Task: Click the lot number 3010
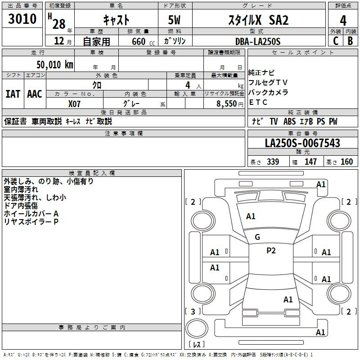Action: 22,19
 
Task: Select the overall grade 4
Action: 343,21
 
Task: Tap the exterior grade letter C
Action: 336,41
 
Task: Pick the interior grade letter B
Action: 350,41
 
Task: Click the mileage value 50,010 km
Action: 55,65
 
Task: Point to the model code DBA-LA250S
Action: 258,41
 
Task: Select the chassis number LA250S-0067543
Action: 302,143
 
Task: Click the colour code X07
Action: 74,104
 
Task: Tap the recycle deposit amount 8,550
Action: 227,104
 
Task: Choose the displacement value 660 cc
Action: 144,42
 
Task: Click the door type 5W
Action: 174,20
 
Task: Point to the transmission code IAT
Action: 13,94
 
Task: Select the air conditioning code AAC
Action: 35,94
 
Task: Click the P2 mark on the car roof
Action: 271,251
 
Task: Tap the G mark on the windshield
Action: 257,237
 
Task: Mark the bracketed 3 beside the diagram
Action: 193,311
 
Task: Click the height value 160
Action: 346,162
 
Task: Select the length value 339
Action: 273,162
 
